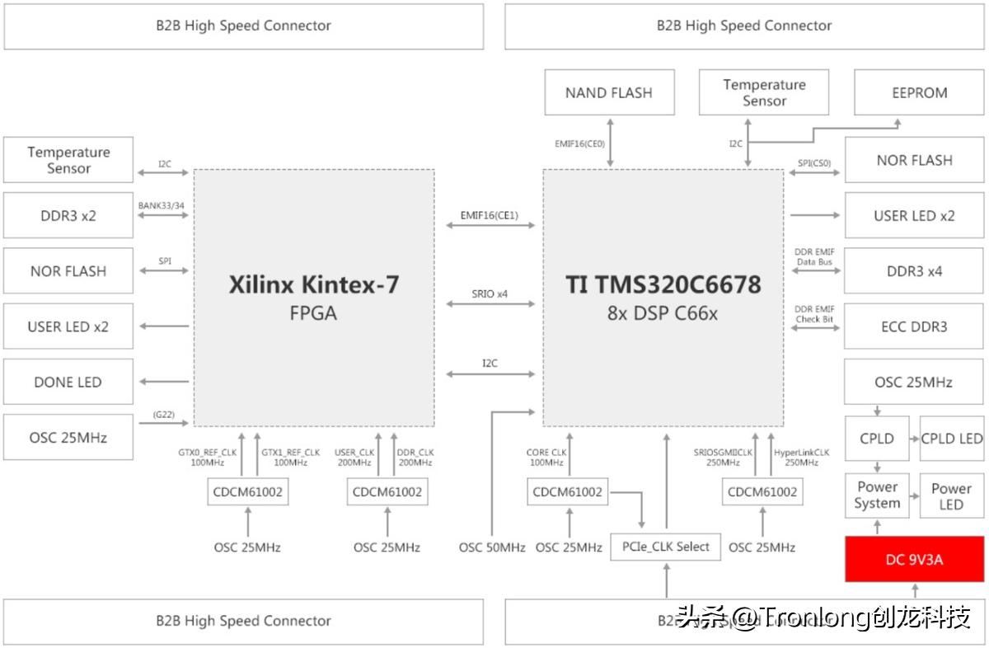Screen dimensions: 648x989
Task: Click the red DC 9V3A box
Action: point(914,559)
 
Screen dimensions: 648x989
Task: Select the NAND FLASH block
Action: point(608,92)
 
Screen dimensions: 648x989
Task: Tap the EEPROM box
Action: point(919,92)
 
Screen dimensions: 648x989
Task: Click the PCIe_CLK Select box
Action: point(665,547)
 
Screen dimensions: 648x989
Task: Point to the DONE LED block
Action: point(68,382)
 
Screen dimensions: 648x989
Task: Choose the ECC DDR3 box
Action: point(914,326)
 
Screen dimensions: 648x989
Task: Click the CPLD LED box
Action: point(951,438)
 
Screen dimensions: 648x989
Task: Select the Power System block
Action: point(877,495)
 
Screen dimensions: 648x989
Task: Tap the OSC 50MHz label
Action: point(492,547)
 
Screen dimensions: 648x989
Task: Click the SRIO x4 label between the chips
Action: point(490,293)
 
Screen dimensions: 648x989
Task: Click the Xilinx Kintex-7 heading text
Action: point(313,285)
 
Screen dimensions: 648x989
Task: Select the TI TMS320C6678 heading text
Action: point(663,285)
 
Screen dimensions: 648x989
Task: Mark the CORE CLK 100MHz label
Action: point(547,458)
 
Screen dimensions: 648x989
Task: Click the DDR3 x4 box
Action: point(914,270)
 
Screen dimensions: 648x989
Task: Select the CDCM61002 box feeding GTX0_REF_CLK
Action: point(247,492)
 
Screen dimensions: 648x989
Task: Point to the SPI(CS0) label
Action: point(814,162)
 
